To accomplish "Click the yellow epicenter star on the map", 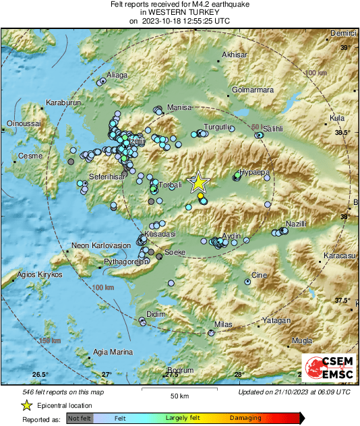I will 199,182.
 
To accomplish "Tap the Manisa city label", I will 179,107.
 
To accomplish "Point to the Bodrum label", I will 180,370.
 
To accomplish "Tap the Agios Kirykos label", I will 41,275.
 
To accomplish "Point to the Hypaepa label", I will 255,173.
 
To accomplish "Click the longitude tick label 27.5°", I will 171,374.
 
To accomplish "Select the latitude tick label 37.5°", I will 344,300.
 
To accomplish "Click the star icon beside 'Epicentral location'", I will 26,405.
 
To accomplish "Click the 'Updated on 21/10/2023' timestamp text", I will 294,392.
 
